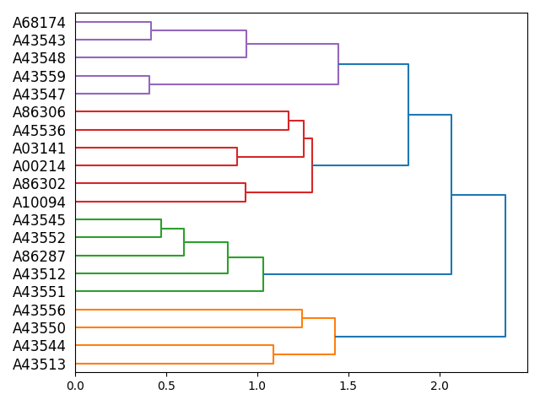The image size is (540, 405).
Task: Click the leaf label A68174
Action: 39,23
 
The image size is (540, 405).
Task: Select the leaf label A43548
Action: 39,58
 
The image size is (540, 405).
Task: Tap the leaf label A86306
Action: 39,112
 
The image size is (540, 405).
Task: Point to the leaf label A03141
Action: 39,148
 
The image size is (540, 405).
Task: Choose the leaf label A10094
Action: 39,202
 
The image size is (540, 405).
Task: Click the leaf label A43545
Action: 39,220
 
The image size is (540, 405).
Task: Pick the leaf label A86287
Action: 39,256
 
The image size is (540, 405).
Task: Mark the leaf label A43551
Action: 39,292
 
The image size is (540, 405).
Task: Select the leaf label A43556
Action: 39,310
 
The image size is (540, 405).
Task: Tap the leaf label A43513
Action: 39,364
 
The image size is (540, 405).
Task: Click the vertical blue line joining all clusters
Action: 505,266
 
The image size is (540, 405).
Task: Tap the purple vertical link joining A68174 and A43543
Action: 151,31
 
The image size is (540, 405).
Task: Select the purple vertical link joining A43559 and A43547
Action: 149,85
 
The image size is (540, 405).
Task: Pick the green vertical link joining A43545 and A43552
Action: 161,229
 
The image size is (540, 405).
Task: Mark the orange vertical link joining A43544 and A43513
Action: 273,354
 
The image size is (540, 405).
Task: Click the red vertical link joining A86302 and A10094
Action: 246,193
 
